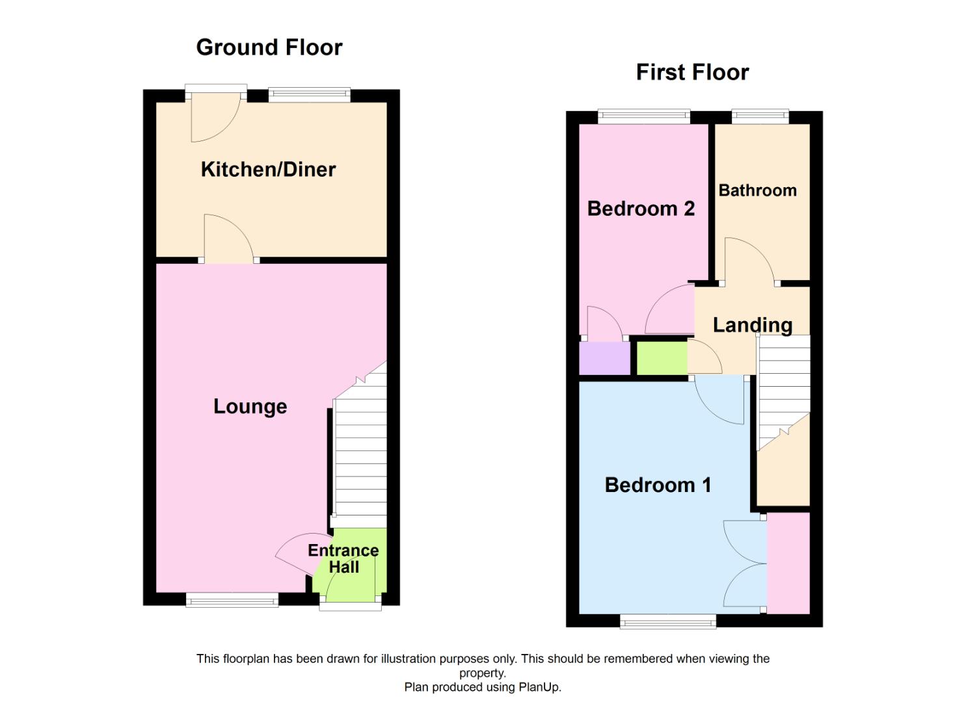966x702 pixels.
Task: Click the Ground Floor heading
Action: (269, 47)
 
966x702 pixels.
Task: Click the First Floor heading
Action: (692, 72)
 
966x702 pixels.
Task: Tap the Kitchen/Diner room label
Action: (268, 170)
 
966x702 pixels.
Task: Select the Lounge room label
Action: (250, 407)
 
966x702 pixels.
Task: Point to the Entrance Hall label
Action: (343, 558)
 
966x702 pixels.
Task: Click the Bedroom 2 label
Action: (641, 209)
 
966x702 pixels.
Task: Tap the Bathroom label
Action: (757, 190)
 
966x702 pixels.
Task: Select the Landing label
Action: (752, 325)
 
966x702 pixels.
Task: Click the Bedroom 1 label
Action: (658, 485)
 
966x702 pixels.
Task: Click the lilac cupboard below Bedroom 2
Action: (604, 358)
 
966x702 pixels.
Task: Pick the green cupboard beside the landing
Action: (661, 358)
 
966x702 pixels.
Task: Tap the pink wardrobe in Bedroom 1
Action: (788, 563)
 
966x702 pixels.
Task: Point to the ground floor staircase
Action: (359, 455)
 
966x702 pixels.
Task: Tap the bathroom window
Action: (760, 117)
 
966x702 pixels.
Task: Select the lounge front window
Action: (232, 601)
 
